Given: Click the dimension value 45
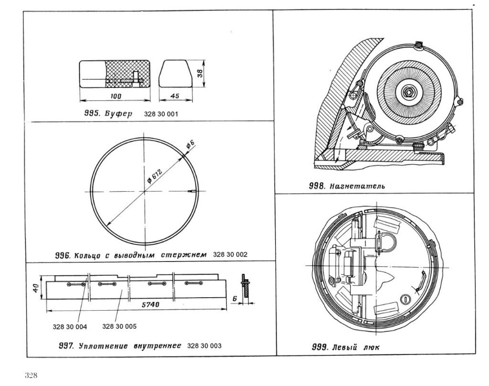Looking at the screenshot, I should coord(174,96).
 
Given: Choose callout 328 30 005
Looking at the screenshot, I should coord(119,327).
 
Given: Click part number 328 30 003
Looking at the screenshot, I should coord(204,345).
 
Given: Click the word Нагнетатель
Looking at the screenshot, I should coord(357,186).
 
